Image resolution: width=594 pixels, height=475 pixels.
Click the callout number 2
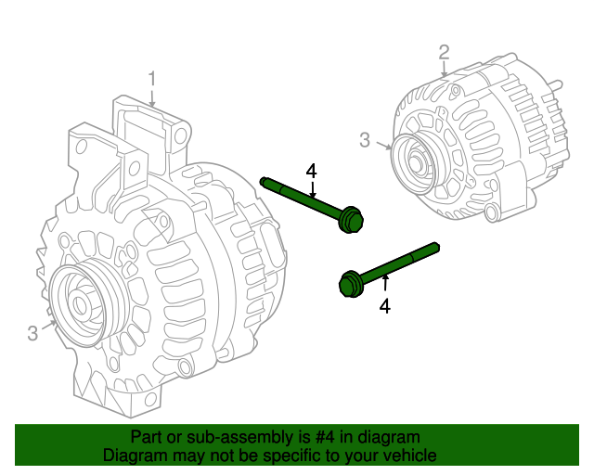(445, 52)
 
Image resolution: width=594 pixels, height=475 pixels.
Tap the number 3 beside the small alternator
(365, 140)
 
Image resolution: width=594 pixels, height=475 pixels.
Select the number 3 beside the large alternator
(32, 333)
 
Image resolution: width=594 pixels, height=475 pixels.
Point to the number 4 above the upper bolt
(312, 171)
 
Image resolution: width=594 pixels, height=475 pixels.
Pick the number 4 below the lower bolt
(384, 305)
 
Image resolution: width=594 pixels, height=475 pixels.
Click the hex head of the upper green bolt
(351, 222)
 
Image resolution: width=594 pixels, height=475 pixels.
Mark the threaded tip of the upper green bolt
(265, 180)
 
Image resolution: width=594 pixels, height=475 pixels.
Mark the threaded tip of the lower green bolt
(433, 247)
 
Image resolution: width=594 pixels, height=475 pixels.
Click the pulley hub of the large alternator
(81, 303)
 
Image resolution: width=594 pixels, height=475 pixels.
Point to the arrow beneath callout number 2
(445, 69)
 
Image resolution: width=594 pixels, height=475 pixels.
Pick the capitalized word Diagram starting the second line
(134, 456)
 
